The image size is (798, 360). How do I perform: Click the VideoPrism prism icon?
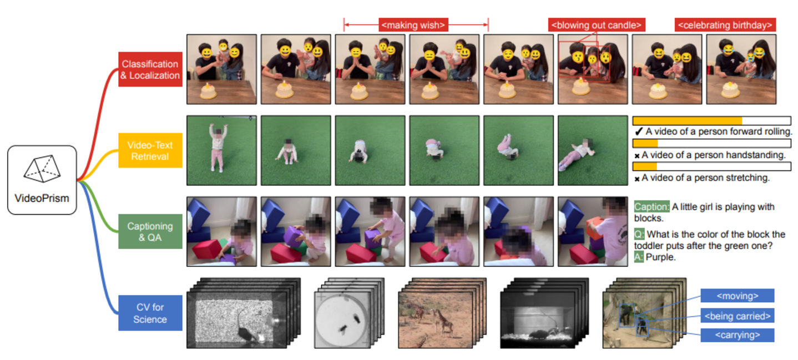coord(42,169)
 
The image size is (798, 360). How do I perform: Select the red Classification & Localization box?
coord(150,69)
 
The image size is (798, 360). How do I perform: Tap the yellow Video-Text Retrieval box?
coord(150,150)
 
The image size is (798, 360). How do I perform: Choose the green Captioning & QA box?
coord(150,231)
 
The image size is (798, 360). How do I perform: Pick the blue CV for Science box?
coord(150,313)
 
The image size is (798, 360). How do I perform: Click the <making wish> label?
coord(413,25)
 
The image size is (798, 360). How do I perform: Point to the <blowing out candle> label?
coord(597,25)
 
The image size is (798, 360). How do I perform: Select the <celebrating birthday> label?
coord(725,25)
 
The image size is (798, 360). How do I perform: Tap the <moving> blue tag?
coord(738,296)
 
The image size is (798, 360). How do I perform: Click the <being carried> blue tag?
coord(738,316)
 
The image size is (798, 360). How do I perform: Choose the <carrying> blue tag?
coord(738,335)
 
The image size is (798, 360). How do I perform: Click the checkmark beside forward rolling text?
coord(639,132)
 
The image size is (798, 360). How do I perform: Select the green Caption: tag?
coord(651,207)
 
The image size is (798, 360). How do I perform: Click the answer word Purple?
coord(660,257)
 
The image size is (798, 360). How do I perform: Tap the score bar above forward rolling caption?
coord(712,120)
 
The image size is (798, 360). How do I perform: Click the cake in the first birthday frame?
coord(209,91)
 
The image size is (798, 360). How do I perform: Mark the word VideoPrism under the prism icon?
coord(42,199)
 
